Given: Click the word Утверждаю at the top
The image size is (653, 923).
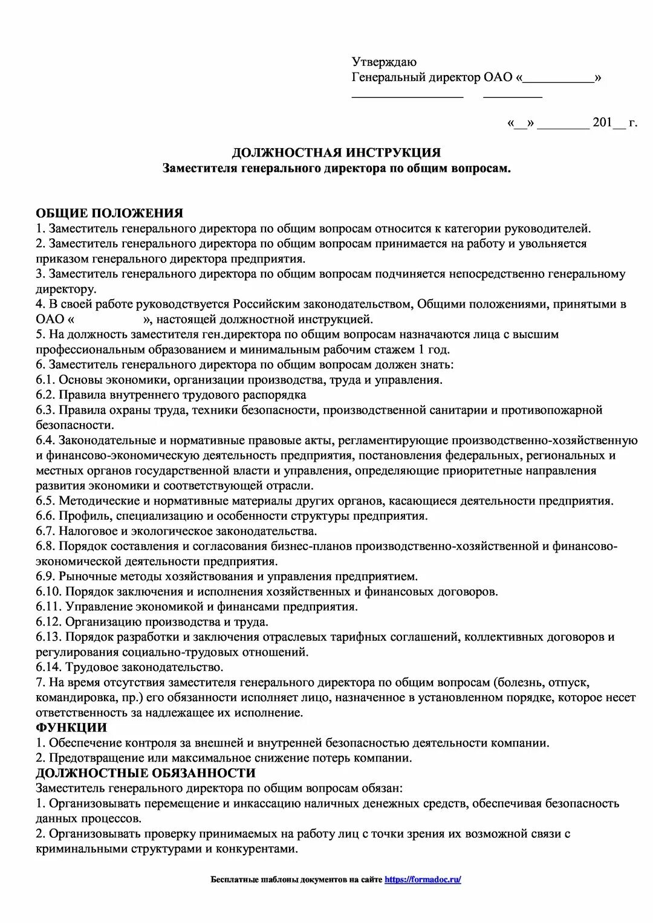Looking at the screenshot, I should point(384,62).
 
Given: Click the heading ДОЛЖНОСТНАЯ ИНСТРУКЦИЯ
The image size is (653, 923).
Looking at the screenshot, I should point(336,153).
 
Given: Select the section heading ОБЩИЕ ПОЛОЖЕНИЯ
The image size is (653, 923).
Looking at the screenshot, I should point(109,213).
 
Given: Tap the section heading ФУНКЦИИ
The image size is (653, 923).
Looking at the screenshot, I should point(71,728).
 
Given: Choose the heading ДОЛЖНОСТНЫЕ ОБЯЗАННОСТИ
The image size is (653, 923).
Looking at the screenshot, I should point(146,773).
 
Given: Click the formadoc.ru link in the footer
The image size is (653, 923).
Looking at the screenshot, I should point(423,879).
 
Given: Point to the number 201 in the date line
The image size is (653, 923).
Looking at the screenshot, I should point(602,123).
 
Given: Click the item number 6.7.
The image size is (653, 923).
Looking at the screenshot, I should point(45,531).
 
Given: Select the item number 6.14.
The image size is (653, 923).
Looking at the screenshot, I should point(49,667).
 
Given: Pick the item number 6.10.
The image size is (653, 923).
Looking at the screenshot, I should point(49,592).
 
